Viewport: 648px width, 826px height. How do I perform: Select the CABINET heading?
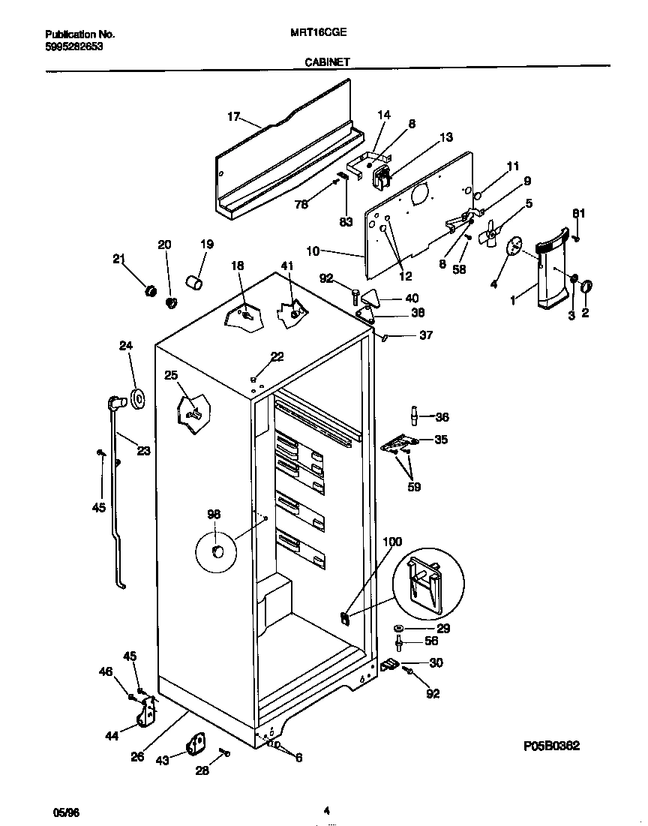(327, 64)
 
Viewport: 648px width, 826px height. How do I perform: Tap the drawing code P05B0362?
(551, 746)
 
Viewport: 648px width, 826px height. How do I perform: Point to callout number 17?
(233, 116)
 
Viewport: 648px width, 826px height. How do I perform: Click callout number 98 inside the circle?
(214, 514)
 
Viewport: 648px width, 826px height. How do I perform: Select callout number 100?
(391, 542)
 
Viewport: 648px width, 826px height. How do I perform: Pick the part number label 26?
(136, 756)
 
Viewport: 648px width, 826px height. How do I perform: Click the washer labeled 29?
(399, 628)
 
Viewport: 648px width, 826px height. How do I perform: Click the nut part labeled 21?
(148, 290)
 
